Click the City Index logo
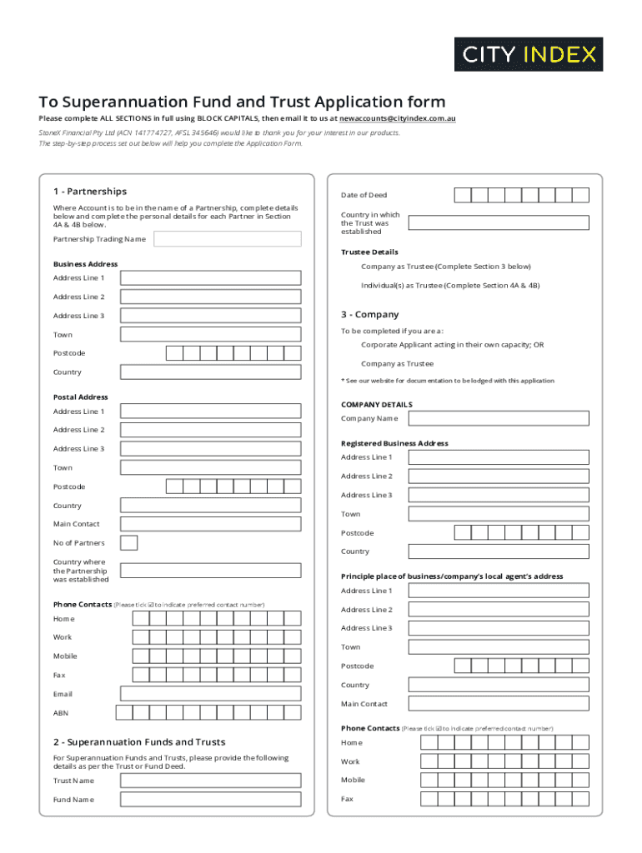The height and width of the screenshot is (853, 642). click(528, 54)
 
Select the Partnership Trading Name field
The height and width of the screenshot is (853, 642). click(227, 239)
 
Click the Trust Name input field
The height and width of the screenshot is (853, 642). click(210, 781)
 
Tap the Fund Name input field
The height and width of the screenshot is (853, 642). click(210, 800)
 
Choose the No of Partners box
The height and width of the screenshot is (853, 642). click(129, 543)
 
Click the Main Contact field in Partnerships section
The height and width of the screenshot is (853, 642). click(210, 524)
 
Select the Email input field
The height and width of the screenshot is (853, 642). click(210, 694)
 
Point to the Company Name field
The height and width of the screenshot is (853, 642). click(498, 419)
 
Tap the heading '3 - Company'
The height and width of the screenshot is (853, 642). click(369, 315)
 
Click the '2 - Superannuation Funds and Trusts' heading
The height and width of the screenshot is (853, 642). click(139, 742)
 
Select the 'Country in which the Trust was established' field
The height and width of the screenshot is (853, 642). click(498, 223)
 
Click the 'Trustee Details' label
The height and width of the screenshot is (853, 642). click(369, 252)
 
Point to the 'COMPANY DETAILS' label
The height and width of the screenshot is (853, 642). click(376, 405)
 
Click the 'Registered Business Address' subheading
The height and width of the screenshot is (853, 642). click(394, 443)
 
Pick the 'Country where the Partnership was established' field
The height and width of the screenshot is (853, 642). click(210, 571)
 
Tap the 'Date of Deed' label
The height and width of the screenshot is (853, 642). click(364, 195)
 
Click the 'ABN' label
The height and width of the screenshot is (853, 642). click(61, 713)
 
